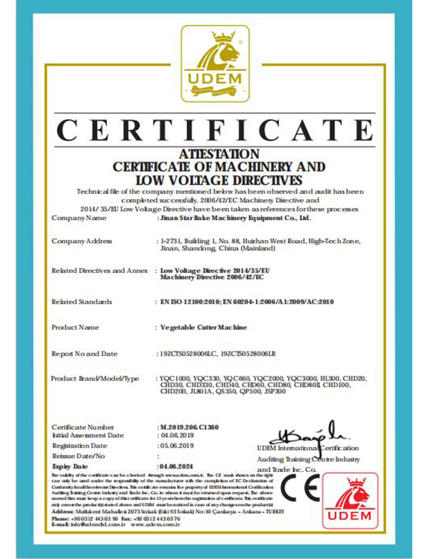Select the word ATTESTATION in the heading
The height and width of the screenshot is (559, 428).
214,153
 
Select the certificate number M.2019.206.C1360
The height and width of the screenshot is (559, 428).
189,426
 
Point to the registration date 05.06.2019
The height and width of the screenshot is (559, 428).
175,445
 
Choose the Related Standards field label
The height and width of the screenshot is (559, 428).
82,302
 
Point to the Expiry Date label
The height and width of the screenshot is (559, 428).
70,465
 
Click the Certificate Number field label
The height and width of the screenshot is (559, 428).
83,426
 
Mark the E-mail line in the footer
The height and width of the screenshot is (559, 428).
118,524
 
